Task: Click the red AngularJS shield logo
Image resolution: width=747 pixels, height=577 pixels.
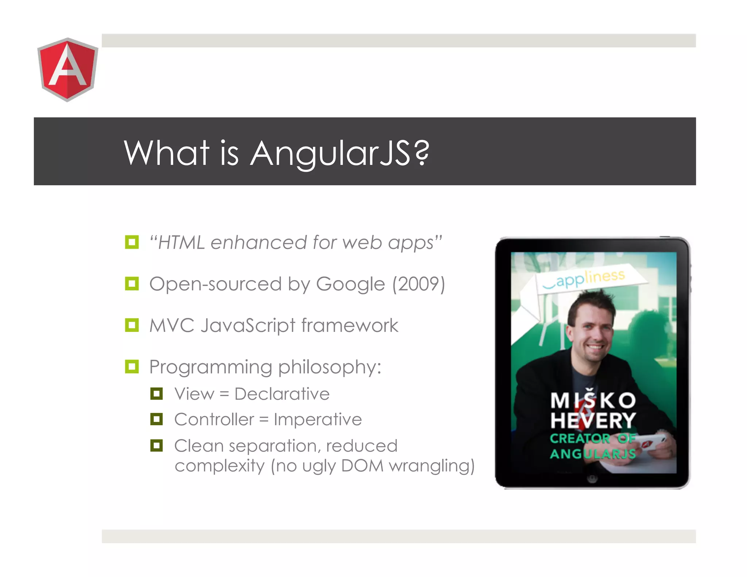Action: tap(67, 69)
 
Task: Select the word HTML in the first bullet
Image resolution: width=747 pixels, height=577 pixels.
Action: tap(181, 243)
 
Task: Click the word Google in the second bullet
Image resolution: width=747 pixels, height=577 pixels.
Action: tap(350, 284)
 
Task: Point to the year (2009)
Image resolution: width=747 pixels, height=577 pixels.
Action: tap(418, 284)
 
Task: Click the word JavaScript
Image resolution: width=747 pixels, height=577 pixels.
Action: tap(248, 326)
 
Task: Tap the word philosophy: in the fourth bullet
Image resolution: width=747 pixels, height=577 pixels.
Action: tap(330, 368)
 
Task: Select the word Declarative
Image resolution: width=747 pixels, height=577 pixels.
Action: tap(282, 394)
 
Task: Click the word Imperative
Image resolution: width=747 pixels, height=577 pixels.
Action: tap(318, 420)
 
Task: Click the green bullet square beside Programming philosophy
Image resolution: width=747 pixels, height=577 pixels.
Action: tap(132, 367)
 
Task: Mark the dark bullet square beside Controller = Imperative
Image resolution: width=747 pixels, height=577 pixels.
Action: tap(156, 419)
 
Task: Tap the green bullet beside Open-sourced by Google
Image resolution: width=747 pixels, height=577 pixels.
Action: tap(132, 283)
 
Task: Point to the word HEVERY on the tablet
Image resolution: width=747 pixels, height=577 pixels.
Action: tap(593, 421)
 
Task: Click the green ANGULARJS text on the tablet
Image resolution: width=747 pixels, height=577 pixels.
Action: tap(593, 454)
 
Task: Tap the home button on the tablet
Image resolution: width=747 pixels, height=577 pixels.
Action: tap(593, 479)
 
